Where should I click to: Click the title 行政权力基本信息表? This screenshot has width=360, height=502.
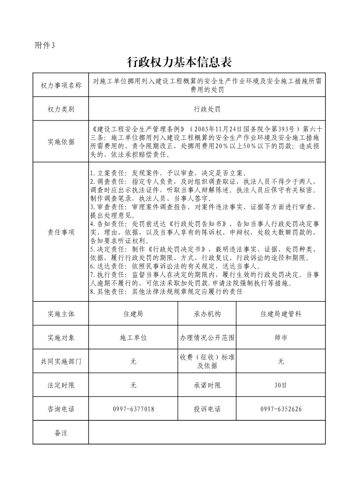coord(180,62)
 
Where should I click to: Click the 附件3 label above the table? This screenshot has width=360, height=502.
coord(45,45)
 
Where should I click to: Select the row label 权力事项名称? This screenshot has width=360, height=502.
coord(61,85)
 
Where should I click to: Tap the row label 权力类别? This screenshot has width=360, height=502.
coord(61,110)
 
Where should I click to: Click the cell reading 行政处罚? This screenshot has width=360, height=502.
coord(207,110)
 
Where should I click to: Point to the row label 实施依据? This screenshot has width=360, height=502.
coord(61,142)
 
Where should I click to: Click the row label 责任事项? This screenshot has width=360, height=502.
coord(61,232)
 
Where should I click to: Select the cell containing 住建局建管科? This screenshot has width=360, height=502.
coord(281,314)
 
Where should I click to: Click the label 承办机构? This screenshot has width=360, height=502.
coord(207,314)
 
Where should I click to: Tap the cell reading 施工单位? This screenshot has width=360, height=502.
coord(133,338)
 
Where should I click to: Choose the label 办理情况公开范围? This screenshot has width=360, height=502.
coord(207,338)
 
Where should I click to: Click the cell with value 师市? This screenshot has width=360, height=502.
coord(281,338)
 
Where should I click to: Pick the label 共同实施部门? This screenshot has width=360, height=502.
coord(61,362)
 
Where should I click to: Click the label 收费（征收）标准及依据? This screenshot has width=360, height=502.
coord(207,362)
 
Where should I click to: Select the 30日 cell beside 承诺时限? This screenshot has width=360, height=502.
coord(281,385)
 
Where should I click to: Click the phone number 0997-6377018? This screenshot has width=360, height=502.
coord(133,409)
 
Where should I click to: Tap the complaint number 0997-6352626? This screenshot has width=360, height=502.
coord(281,409)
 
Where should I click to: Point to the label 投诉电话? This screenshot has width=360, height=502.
coord(207,409)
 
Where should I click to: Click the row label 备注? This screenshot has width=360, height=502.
coord(61,433)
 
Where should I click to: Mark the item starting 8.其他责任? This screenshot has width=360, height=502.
coord(166,292)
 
